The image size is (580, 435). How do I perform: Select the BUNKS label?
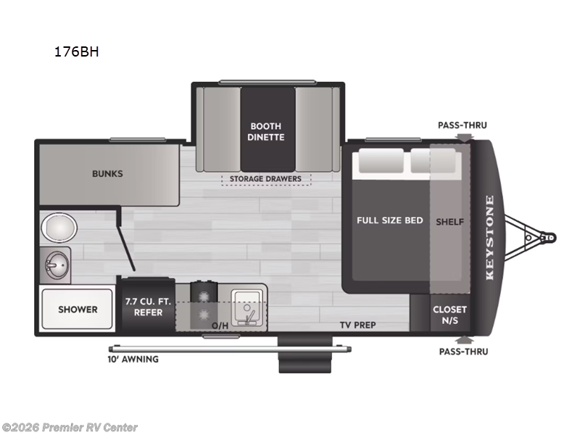click(x=107, y=174)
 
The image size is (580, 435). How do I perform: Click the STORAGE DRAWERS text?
click(x=266, y=179)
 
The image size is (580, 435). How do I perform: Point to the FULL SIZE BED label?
click(x=389, y=220)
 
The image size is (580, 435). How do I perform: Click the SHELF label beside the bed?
click(x=449, y=221)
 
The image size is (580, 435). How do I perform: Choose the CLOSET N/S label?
click(x=449, y=314)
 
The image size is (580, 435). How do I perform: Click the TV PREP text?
click(x=359, y=326)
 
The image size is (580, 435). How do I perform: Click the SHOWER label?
click(x=78, y=310)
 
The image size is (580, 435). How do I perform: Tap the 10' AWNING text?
click(x=133, y=359)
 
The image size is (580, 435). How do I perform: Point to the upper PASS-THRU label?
click(x=462, y=125)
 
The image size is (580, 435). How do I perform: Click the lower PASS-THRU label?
click(x=463, y=352)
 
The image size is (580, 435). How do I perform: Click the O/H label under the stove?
click(x=219, y=326)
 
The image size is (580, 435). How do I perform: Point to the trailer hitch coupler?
click(x=549, y=237)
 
